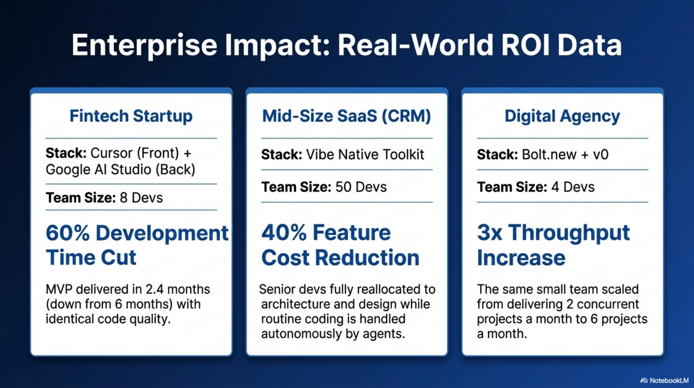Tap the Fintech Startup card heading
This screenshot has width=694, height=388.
point(131,116)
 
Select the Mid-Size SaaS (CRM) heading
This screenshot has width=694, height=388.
point(347,116)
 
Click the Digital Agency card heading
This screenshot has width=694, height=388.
point(563,116)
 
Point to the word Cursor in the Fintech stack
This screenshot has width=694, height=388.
point(111,153)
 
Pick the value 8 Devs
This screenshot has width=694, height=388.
point(141,198)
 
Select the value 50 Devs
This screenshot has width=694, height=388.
point(361,187)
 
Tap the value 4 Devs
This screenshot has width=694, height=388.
point(573,187)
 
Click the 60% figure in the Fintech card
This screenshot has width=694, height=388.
point(68,233)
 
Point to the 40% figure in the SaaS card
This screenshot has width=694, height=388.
point(284,233)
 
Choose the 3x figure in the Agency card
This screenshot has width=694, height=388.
point(489,233)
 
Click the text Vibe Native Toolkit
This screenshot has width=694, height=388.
point(365,155)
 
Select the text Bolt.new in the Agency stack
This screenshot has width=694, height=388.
point(549,155)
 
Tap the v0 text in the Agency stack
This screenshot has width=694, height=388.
point(601,155)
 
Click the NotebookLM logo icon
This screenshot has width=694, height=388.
point(644,381)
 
